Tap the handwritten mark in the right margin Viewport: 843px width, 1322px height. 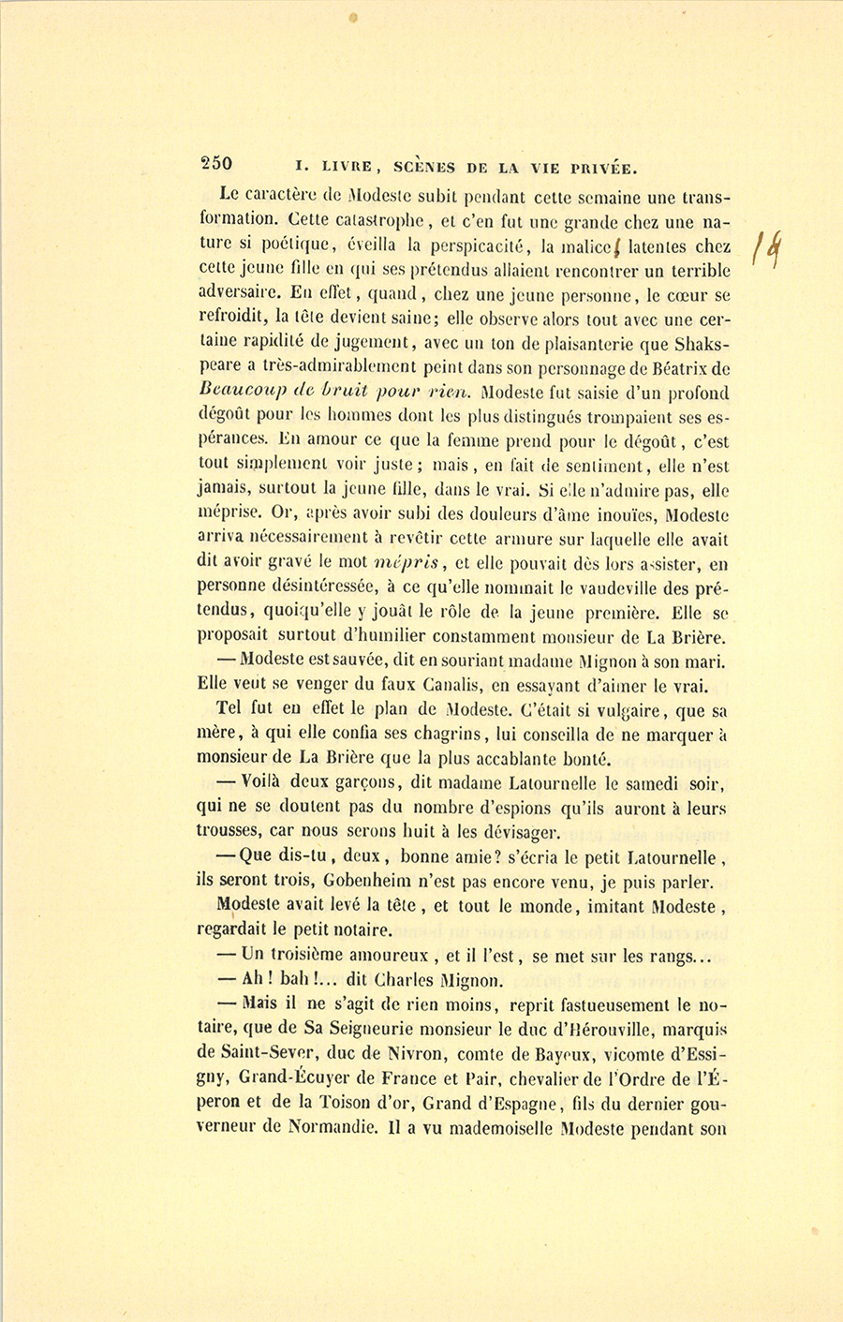771,249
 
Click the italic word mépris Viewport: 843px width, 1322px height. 407,564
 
